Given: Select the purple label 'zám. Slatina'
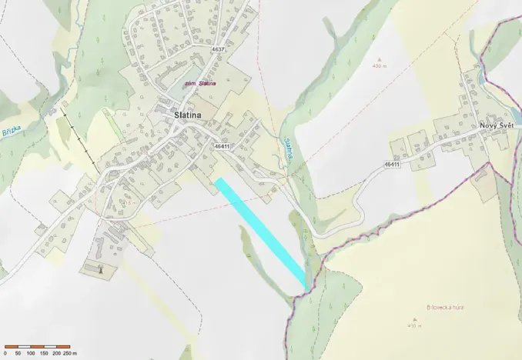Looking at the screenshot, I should (200, 83).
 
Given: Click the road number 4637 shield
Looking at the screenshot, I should (218, 49).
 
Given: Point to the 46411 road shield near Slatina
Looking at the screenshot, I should (223, 145).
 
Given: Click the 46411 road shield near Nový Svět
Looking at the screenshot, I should (392, 164).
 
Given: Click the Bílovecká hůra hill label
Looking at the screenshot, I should (446, 308).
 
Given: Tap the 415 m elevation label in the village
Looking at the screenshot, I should (128, 202).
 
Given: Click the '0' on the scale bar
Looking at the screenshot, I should (6, 353).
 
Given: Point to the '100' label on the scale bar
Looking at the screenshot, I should (29, 353).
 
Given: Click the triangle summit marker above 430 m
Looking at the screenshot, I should (378, 58).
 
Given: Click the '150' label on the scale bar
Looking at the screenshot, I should (43, 353).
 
